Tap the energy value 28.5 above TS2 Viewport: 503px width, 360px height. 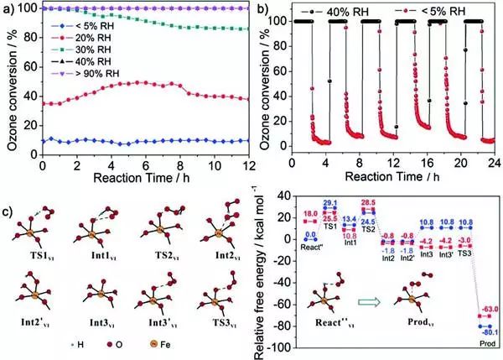click(366, 203)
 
